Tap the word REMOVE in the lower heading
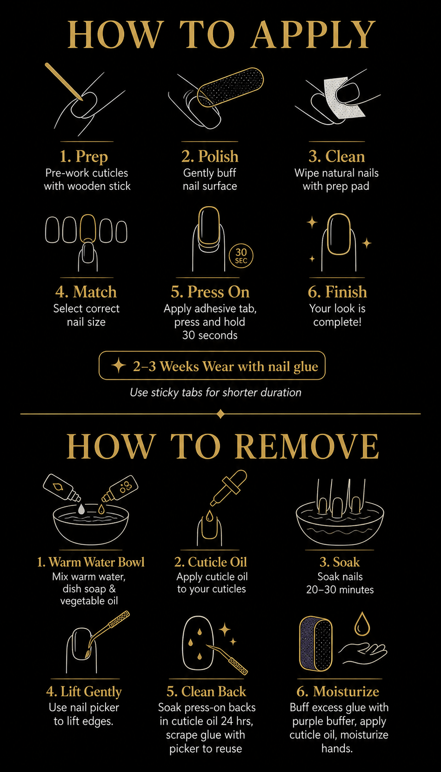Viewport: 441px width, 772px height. [309, 446]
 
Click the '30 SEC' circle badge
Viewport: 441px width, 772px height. [241, 256]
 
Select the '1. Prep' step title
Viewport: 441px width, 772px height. [84, 156]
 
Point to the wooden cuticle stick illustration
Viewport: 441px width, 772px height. [64, 82]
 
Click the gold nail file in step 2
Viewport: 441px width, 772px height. [230, 87]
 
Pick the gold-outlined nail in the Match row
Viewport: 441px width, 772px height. [87, 228]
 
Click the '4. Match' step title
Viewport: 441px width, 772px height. [86, 292]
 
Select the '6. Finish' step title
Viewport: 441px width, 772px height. [337, 292]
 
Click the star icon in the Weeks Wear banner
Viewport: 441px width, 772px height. [119, 365]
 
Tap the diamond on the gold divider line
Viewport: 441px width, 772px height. [220, 414]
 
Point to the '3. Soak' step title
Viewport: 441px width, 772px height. [340, 562]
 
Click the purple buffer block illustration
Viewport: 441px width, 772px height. [316, 644]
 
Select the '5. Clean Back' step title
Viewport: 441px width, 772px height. [206, 691]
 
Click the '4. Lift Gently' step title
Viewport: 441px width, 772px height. [84, 691]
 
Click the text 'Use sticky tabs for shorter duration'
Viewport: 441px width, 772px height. [216, 393]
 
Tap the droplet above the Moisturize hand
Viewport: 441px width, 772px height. [361, 624]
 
